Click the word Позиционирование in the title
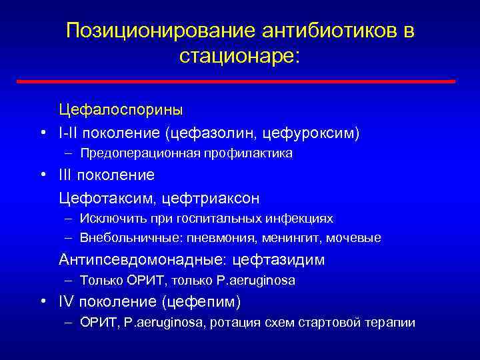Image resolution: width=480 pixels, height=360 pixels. [161, 31]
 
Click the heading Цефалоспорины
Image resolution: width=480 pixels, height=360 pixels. [121, 108]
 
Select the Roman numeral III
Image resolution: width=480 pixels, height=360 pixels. [66, 175]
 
